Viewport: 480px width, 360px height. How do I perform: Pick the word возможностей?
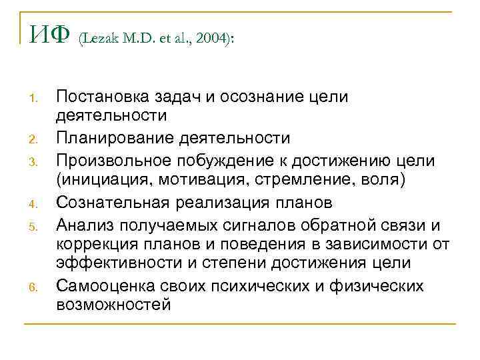click(x=113, y=305)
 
